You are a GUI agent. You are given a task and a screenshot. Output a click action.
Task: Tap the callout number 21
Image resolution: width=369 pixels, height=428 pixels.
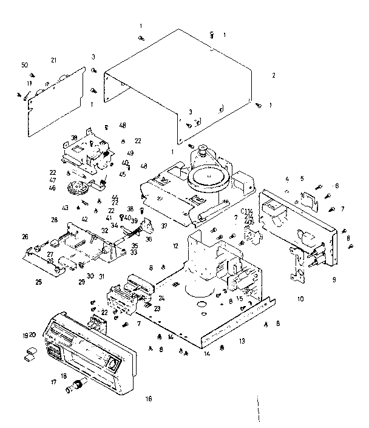pos(53,60)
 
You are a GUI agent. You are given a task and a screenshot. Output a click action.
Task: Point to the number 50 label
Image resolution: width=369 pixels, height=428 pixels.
pos(24,65)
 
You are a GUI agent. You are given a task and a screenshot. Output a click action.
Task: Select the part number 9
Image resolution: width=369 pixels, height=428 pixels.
pos(333,280)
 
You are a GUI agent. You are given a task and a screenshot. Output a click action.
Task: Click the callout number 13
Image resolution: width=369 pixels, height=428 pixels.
pos(242,342)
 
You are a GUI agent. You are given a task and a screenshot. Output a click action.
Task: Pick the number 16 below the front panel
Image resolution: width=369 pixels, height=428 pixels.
pos(149,399)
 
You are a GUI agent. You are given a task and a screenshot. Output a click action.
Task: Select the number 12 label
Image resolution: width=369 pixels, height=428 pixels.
pos(175,246)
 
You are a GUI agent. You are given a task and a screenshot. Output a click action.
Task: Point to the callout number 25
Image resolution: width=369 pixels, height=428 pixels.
pos(38,282)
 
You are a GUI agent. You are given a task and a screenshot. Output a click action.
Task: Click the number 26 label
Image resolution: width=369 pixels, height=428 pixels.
pos(25,237)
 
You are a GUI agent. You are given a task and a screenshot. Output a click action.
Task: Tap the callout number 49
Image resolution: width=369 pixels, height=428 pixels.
pos(130,153)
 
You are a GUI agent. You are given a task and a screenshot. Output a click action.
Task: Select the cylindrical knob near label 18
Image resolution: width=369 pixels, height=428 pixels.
pos(77,386)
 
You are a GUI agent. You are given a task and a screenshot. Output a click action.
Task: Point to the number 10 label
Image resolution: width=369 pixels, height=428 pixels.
pos(300,299)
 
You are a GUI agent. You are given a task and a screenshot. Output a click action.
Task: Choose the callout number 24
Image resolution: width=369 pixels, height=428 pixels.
pos(161,298)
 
